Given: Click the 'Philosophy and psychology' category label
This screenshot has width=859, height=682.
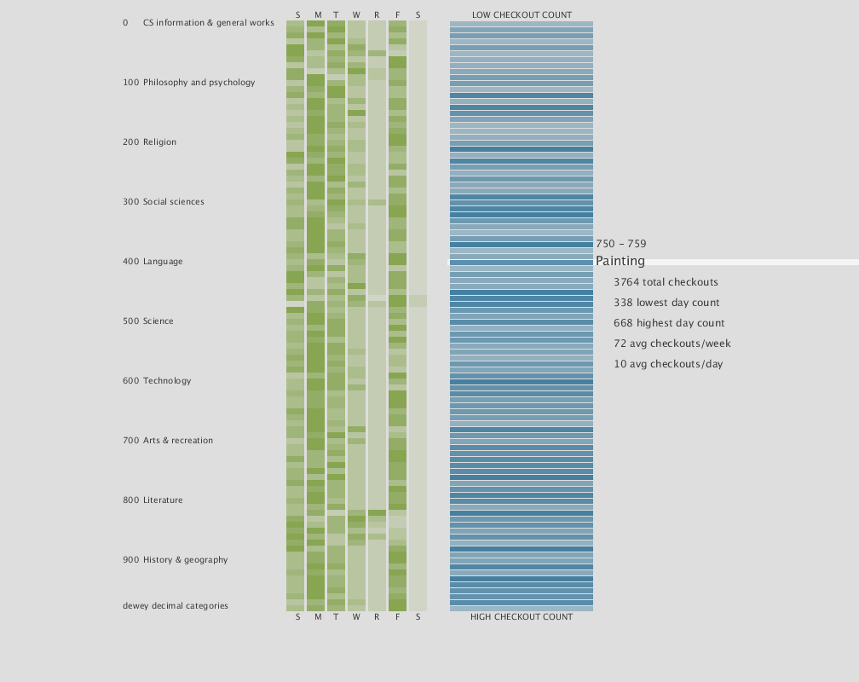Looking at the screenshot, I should pyautogui.click(x=199, y=83).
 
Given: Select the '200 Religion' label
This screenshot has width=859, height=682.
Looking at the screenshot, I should pyautogui.click(x=150, y=142).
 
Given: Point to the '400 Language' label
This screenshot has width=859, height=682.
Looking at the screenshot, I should pyautogui.click(x=153, y=262).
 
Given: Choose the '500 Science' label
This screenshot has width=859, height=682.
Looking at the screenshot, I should pyautogui.click(x=148, y=321).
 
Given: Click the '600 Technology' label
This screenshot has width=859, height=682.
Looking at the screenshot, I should pyautogui.click(x=157, y=381).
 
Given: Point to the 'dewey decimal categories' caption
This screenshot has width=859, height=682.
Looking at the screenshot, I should pyautogui.click(x=176, y=606).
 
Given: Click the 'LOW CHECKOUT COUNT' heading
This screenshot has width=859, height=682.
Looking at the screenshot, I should pyautogui.click(x=522, y=15).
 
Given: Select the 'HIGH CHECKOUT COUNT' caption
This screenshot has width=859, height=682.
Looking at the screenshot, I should pyautogui.click(x=522, y=617).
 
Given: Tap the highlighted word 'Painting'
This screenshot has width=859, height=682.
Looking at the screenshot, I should pyautogui.click(x=620, y=262).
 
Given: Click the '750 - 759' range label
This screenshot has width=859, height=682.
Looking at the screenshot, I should pyautogui.click(x=621, y=244).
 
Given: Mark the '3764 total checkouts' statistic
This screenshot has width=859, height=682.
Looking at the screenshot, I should pyautogui.click(x=666, y=282).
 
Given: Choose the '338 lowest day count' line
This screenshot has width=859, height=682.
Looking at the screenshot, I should pyautogui.click(x=666, y=303).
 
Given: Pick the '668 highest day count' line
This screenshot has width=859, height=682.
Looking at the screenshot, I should pyautogui.click(x=669, y=323).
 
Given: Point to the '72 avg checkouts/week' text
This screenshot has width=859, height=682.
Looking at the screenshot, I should pyautogui.click(x=672, y=344).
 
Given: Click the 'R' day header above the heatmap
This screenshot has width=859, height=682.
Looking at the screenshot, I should pyautogui.click(x=377, y=15).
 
